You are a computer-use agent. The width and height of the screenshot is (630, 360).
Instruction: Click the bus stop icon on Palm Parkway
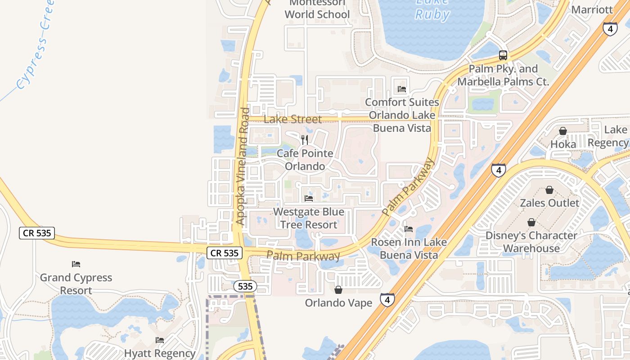point(503,55)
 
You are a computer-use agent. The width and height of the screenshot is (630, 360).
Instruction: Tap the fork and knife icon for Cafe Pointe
point(305,139)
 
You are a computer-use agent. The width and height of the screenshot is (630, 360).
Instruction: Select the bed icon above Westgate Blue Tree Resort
point(309,198)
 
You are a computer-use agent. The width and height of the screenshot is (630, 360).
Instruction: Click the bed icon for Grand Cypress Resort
point(76,264)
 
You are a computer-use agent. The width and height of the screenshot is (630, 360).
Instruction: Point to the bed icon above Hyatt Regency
point(160,340)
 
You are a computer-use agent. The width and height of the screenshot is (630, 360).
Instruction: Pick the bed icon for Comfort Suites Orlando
point(402,89)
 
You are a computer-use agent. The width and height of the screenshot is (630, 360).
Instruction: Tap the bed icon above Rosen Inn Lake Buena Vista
point(409,229)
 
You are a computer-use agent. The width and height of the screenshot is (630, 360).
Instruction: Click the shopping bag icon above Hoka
point(562,131)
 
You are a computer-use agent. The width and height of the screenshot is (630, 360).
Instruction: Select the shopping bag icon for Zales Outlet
point(549,190)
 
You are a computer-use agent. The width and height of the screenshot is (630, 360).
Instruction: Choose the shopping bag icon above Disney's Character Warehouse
point(531,222)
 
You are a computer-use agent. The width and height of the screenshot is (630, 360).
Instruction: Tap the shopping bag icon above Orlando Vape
point(338,289)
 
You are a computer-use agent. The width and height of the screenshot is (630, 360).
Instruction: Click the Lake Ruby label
point(432,9)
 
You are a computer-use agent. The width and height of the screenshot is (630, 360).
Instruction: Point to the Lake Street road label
point(292,119)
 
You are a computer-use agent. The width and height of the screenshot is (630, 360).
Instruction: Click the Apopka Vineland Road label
point(243,166)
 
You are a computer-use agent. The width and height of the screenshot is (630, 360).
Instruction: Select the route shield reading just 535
point(245,286)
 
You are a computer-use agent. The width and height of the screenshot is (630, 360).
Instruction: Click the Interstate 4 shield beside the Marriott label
point(610,29)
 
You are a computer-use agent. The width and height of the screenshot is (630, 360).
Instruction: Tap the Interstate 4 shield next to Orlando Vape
point(387,300)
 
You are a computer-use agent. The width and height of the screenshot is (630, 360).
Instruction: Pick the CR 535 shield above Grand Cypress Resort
point(37,233)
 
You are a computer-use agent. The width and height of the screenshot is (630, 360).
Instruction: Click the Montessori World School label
point(317,9)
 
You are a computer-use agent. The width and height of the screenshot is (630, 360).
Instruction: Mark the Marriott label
point(592,9)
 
